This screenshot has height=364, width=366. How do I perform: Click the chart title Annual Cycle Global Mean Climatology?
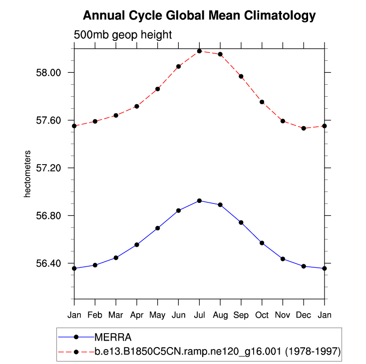point(199,16)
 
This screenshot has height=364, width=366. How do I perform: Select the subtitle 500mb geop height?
point(123,35)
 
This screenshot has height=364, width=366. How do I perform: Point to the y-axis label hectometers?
point(28,174)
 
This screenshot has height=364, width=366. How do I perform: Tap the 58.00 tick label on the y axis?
point(49,73)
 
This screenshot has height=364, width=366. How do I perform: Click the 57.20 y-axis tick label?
point(49,168)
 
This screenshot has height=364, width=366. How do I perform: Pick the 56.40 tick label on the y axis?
point(49,264)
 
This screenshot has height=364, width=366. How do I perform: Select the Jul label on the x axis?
point(199,315)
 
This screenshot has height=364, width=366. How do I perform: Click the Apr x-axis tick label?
point(136,315)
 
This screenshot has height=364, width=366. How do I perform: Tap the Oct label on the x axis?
point(262,315)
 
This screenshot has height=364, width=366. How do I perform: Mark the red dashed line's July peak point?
point(199,51)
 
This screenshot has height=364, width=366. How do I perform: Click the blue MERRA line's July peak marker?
point(199,201)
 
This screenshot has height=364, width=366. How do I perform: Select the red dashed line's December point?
point(304,128)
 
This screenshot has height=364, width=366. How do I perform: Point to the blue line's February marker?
point(95,265)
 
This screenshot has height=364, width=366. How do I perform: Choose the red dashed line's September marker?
point(241,76)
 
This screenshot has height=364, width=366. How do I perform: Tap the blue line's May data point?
point(157,228)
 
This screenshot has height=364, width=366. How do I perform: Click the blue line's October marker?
point(262,243)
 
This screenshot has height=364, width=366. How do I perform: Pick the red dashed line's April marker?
point(136,106)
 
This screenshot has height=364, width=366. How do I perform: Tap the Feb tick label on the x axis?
point(95,315)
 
